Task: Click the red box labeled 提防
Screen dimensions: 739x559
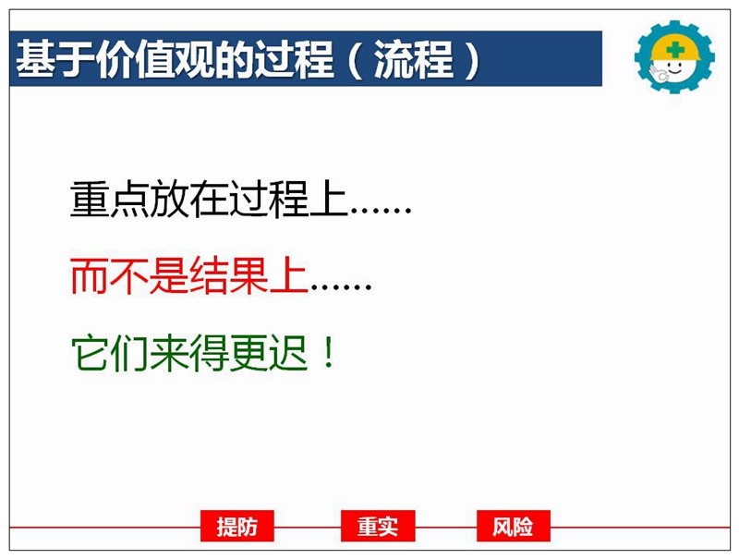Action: tap(237, 526)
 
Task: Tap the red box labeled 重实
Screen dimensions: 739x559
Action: tap(378, 526)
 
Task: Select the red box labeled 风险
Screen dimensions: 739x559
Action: tap(514, 526)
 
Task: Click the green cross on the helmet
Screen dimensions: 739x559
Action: tap(676, 49)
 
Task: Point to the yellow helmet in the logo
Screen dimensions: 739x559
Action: tap(675, 48)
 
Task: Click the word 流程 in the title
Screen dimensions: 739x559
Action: tap(414, 59)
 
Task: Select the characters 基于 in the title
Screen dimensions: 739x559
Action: tap(55, 59)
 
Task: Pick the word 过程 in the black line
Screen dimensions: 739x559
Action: tap(269, 200)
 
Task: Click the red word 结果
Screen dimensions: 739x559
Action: tap(229, 276)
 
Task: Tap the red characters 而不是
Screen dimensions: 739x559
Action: tap(129, 276)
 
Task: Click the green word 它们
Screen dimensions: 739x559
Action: tap(110, 353)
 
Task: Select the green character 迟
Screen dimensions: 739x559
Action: tap(288, 353)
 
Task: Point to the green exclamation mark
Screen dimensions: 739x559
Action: tap(329, 353)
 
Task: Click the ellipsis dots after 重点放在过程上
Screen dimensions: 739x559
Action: tap(381, 211)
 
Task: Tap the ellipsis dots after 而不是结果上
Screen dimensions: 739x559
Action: tap(340, 286)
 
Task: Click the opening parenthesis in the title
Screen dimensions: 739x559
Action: tap(356, 60)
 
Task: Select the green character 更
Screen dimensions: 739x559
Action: tap(248, 353)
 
